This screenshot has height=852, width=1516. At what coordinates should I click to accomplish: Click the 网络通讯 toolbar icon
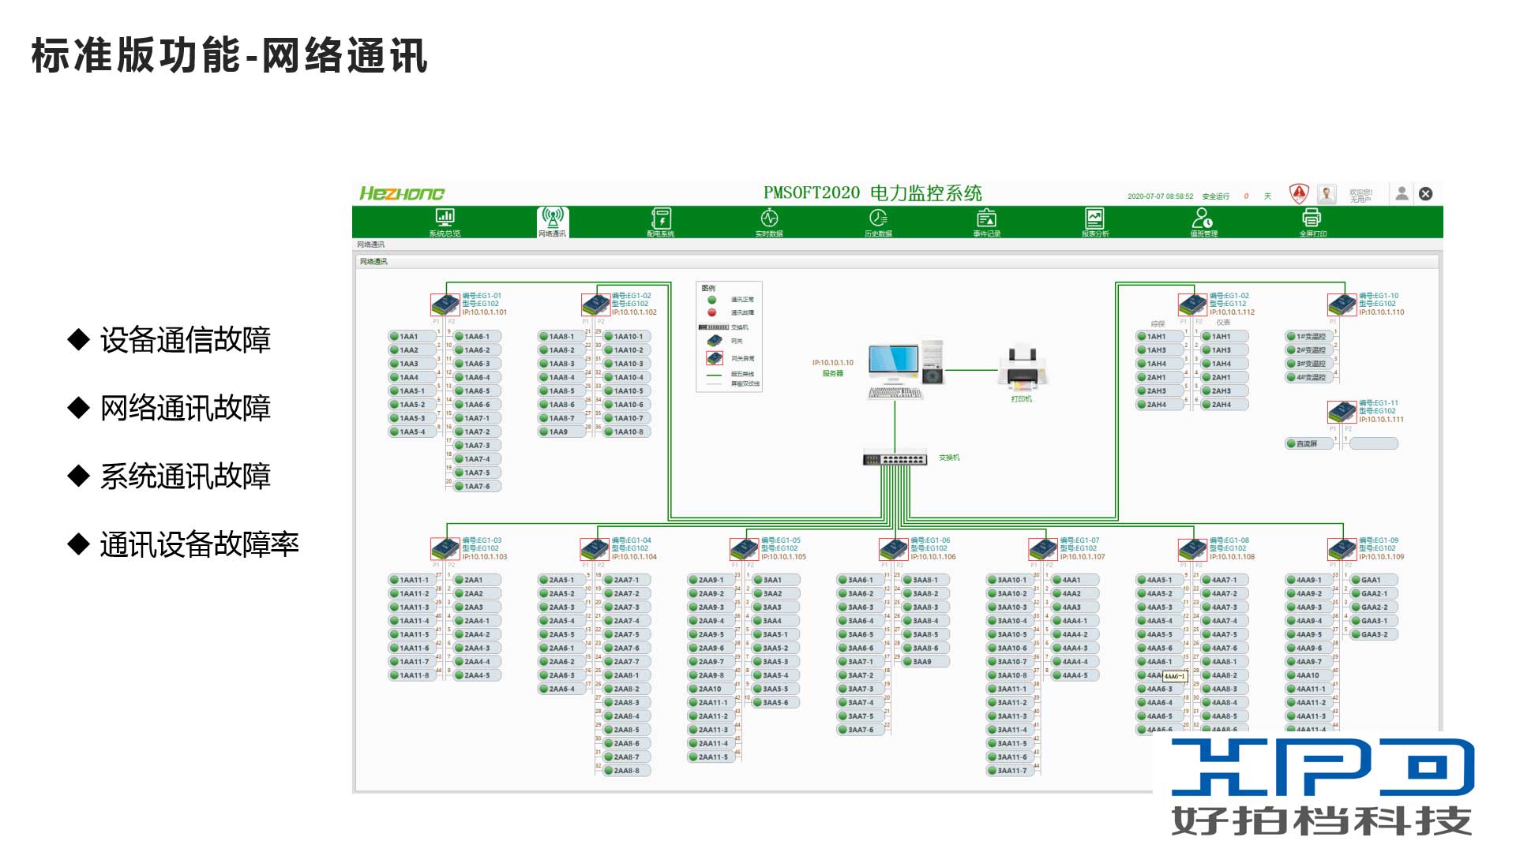coord(553,219)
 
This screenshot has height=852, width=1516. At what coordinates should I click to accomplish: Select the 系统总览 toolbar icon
coord(445,219)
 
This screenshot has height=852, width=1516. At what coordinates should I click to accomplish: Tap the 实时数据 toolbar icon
coord(769,219)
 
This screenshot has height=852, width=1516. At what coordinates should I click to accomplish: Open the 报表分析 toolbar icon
coord(1094,219)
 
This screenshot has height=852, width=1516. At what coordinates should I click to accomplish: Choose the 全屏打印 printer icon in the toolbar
coord(1311,219)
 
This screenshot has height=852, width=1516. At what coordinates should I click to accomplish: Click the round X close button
coord(1425,194)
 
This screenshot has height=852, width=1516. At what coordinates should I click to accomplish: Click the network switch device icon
coord(895,458)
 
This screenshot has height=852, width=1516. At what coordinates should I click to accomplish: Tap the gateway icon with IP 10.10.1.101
coord(445,305)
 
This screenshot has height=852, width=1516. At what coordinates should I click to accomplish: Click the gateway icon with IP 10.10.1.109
coord(1342,549)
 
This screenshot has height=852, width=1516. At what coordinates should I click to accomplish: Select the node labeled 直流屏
coord(1308,444)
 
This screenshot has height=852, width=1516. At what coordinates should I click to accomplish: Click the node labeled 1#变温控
coord(1310,337)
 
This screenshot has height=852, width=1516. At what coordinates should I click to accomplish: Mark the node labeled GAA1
coord(1372,580)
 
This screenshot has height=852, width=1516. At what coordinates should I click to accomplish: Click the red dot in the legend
coord(711,312)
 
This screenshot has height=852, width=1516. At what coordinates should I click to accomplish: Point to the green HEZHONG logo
coord(402,194)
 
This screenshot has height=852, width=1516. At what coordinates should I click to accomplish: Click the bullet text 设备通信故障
coord(185,340)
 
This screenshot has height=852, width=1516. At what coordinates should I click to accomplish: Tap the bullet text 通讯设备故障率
coord(199,544)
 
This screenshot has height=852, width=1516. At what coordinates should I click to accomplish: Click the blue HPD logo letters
coord(1323,767)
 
